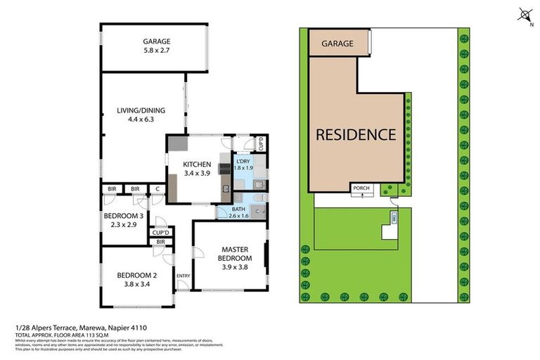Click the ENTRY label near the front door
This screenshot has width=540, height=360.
point(183,276)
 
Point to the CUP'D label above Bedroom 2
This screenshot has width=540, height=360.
point(160,232)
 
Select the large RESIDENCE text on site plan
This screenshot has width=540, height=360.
point(355,134)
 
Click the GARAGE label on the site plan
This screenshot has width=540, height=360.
point(337,44)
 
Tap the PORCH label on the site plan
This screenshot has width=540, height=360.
point(363,188)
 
